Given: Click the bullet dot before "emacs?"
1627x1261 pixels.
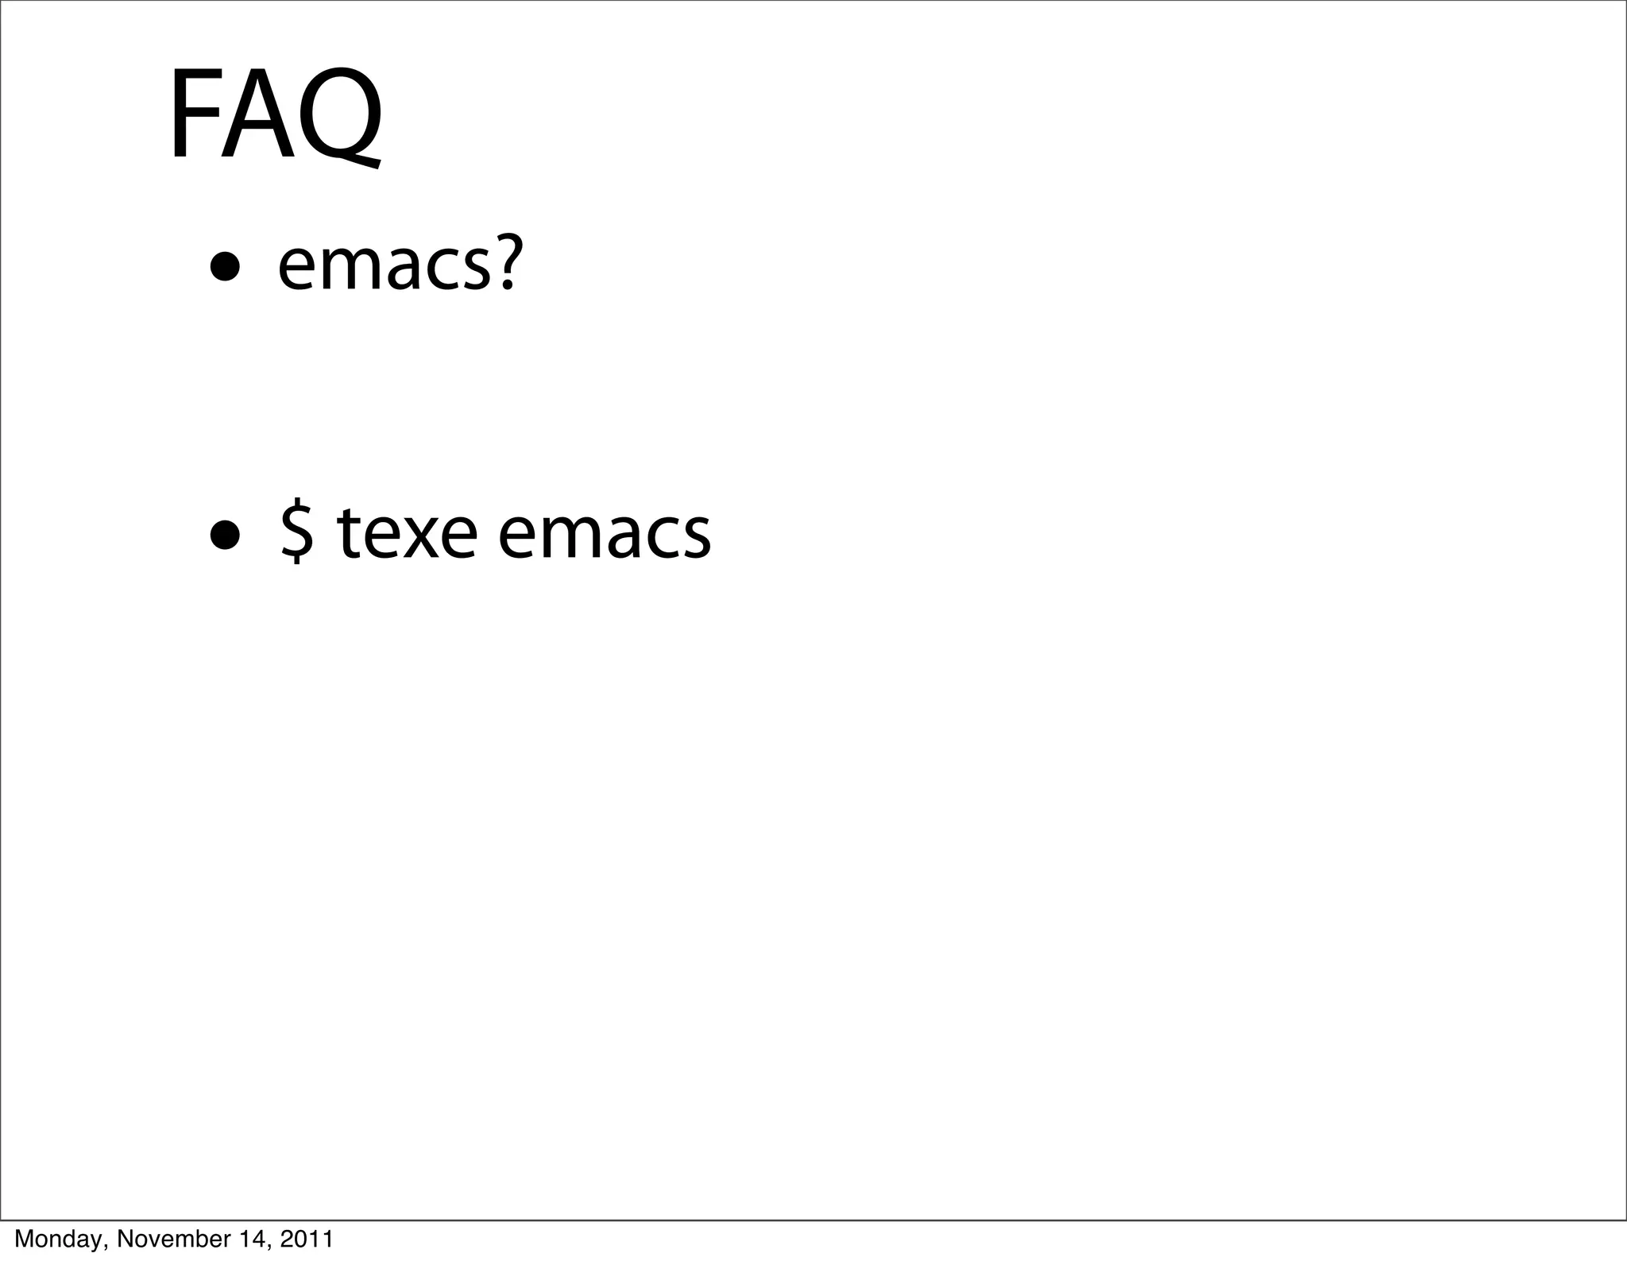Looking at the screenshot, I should (225, 269).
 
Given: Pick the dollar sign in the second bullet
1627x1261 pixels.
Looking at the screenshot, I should (296, 532).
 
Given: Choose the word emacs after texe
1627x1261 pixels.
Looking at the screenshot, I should (604, 534).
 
